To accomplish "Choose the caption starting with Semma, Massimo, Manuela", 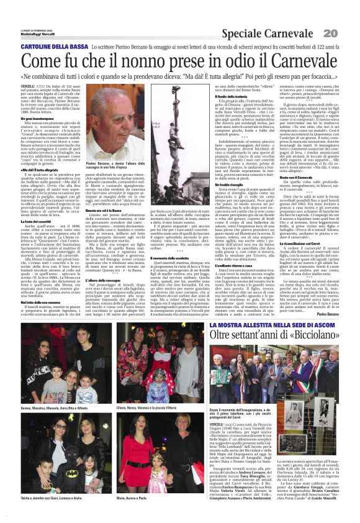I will (53, 408).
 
